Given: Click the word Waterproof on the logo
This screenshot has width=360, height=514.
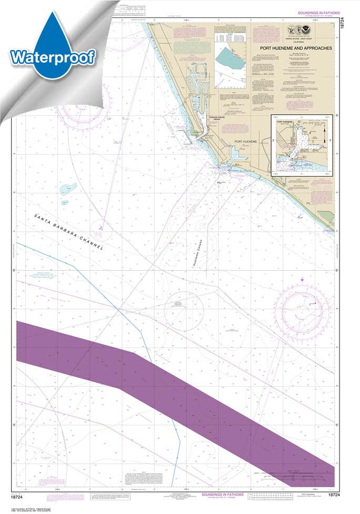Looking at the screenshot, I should [52, 57].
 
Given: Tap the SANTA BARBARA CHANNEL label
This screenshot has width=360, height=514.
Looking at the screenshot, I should [68, 232].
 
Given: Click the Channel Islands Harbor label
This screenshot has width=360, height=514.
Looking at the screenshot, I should [216, 120].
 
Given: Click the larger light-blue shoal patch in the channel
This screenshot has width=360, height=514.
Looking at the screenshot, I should [68, 188].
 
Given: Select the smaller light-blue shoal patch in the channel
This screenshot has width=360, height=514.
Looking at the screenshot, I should [64, 202].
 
